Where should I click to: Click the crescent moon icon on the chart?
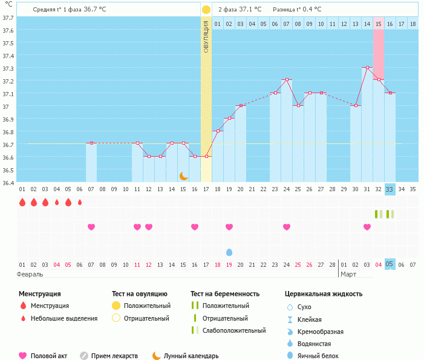click(183, 175)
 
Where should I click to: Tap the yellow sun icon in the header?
click(206, 10)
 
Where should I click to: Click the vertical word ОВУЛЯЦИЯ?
click(206, 36)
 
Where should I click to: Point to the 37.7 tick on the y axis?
click(8, 18)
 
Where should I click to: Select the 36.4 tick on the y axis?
click(8, 182)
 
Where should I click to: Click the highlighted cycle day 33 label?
click(390, 189)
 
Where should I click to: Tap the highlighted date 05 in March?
click(390, 264)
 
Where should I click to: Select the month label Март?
click(348, 274)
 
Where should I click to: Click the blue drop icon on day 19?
click(229, 252)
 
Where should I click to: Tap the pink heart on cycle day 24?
click(287, 227)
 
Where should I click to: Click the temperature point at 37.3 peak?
click(367, 68)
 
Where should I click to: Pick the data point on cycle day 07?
click(91, 143)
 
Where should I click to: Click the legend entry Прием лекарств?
click(114, 356)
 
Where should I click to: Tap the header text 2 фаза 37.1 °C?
click(240, 10)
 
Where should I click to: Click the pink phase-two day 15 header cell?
click(379, 24)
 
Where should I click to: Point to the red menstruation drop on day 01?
click(22, 202)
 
